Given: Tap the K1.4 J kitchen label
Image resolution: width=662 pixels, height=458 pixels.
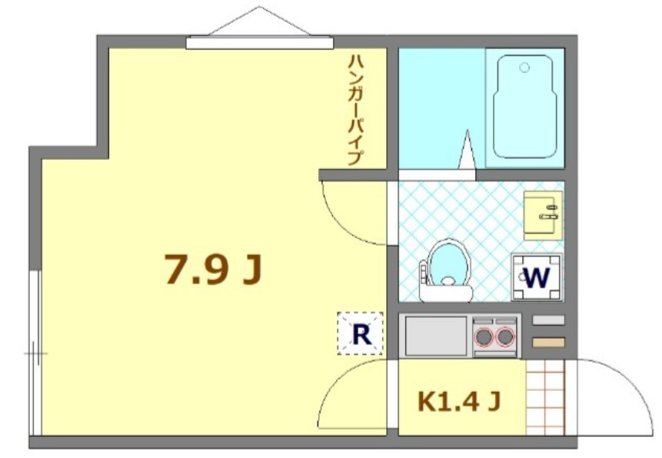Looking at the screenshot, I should pyautogui.click(x=460, y=400).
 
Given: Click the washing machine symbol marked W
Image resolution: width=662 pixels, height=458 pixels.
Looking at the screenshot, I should pyautogui.click(x=537, y=277).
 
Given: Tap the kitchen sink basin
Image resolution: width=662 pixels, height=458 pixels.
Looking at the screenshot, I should pyautogui.click(x=436, y=336).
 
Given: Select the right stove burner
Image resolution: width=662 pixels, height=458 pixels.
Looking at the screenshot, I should pyautogui.click(x=505, y=336).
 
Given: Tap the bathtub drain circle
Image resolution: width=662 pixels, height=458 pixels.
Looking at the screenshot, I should pyautogui.click(x=524, y=68).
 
